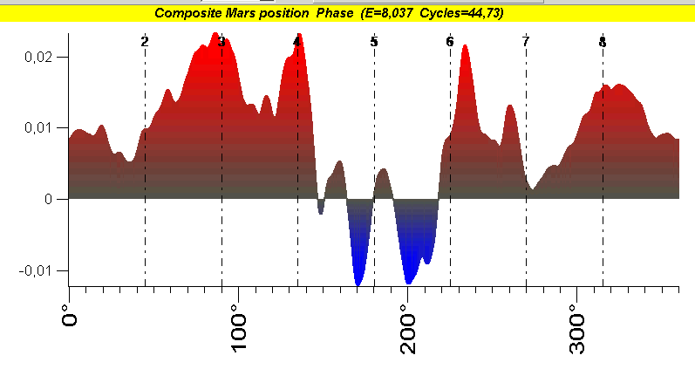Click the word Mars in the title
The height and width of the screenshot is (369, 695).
pos(240,13)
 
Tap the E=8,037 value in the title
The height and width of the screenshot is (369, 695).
pos(388,13)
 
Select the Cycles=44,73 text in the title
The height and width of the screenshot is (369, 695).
pos(461,13)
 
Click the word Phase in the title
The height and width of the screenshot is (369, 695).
pos(335,13)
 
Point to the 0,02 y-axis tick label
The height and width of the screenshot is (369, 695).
pos(38,58)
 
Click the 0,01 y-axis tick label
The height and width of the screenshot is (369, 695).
pos(38,128)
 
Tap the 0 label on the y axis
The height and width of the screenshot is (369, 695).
pos(48,199)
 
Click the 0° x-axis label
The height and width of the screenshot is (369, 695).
pos(70,315)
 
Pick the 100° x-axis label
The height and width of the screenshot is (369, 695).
pos(238,329)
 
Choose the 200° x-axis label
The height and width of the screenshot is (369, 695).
pos(408,329)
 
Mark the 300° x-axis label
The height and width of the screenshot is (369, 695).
pos(577,329)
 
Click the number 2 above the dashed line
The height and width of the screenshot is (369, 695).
pos(145,42)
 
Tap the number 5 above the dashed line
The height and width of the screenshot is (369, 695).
pos(374,42)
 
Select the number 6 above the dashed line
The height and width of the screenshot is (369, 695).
pos(450,42)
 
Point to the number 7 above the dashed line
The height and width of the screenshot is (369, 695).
pos(526,42)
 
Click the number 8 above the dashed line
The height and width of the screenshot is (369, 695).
pos(603,42)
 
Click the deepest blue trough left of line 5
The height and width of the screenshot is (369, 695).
pos(358,283)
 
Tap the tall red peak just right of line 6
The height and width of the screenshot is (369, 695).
pos(465,45)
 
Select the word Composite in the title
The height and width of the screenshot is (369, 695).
pos(187,13)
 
